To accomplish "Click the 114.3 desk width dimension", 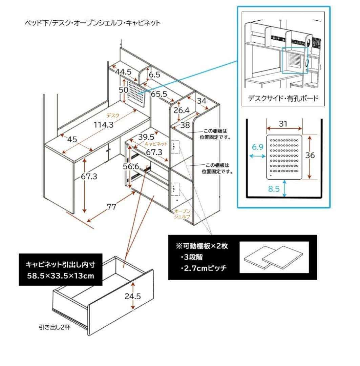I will point(103,125).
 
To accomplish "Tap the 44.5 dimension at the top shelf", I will point(123,72).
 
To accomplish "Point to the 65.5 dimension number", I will point(159,94).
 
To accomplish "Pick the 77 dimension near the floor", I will point(112,207).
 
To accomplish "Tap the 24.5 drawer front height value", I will point(133,296).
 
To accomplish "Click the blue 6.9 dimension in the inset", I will point(257,147).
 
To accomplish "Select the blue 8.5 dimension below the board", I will point(274,189).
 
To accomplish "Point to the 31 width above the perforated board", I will point(283,124).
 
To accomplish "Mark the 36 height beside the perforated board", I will point(310,155).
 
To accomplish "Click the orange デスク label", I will point(113,115).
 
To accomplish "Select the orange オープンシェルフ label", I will point(182,214).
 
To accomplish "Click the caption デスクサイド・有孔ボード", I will point(283,98).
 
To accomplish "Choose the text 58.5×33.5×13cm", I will point(60,275).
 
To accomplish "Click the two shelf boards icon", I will point(273,257).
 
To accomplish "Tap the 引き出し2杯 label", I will point(55,327).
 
